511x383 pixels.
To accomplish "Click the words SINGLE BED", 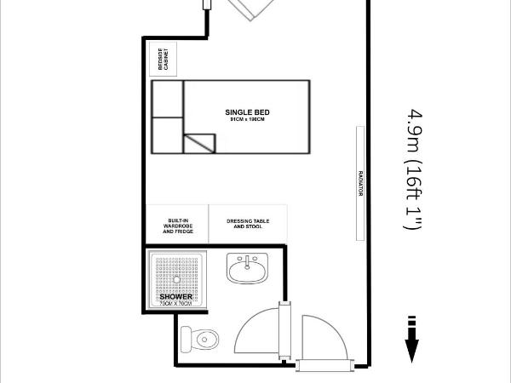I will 241,112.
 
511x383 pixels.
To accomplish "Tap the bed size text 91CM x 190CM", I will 241,121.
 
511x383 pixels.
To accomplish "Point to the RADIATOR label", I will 361,182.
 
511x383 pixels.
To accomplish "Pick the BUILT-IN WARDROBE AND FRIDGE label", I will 177,226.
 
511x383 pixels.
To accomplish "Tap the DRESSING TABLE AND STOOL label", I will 248,225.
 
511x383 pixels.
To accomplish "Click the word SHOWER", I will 175,297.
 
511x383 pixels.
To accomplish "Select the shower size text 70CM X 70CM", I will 175,304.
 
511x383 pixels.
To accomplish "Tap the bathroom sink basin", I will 247,272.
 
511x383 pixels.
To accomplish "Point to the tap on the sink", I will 247,260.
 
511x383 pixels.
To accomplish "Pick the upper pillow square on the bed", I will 168,99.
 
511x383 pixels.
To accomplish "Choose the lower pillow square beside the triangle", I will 168,135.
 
